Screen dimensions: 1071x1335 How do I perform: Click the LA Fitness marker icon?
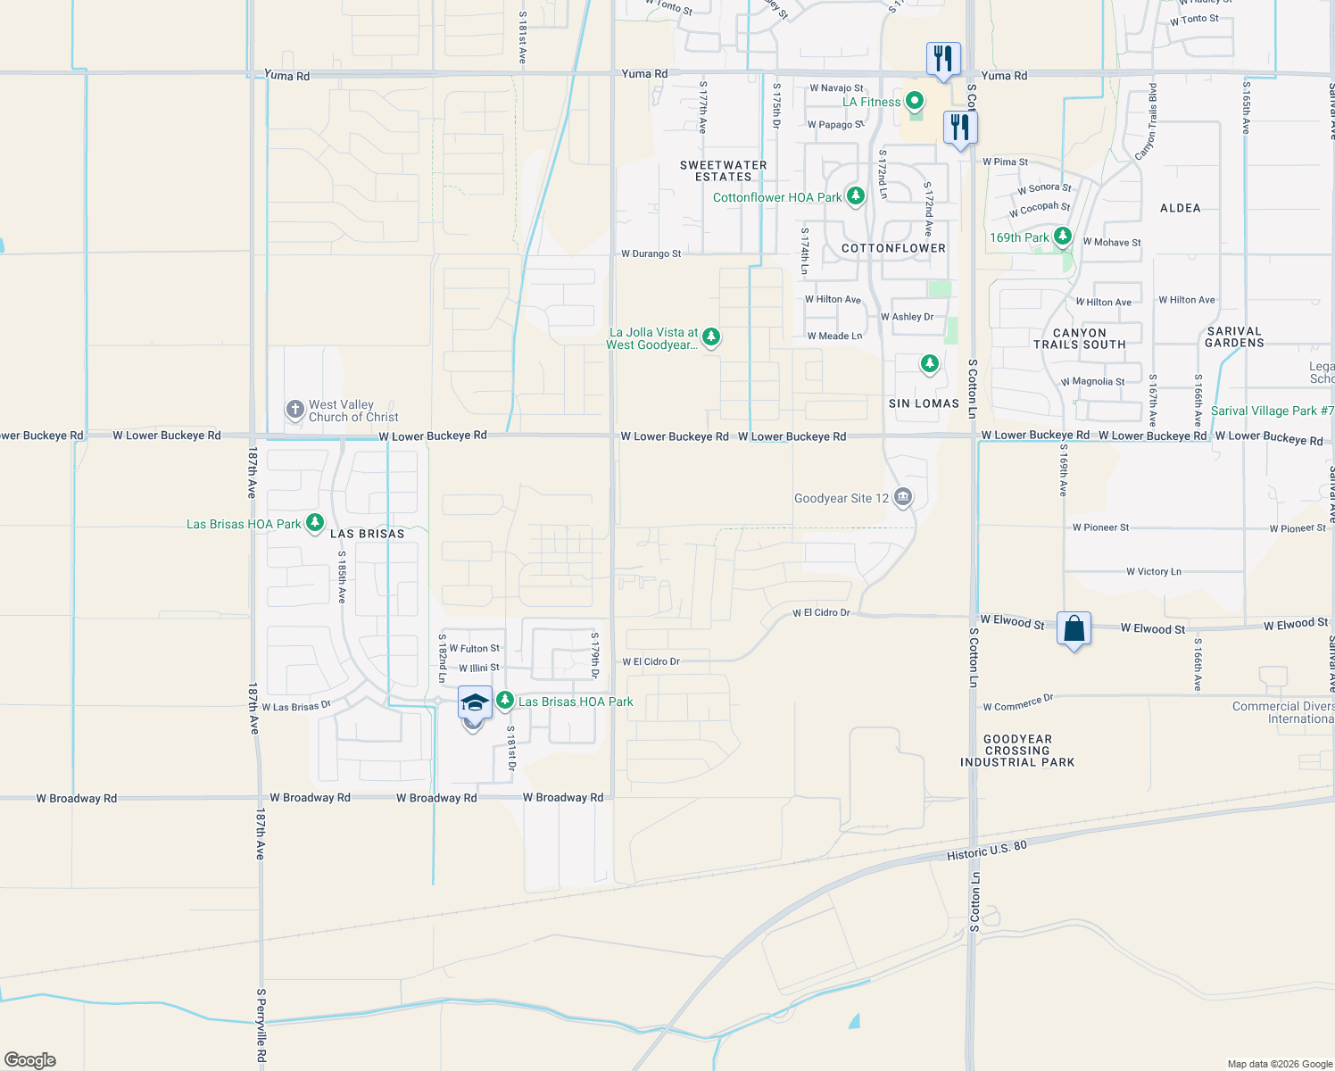[x=913, y=101]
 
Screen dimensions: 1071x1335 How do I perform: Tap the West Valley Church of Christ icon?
[x=294, y=410]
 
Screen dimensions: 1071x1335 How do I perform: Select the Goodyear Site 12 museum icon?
[x=902, y=497]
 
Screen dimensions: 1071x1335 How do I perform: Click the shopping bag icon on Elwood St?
[x=1074, y=628]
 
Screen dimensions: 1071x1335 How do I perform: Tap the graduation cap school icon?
[x=475, y=702]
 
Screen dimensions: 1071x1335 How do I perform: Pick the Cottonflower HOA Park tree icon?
[x=855, y=195]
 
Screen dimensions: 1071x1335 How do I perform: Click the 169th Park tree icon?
[x=1062, y=237]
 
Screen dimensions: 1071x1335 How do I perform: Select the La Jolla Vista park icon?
[x=710, y=336]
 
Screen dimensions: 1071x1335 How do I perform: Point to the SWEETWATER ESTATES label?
[x=723, y=170]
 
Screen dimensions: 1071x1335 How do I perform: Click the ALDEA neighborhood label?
[x=1180, y=208]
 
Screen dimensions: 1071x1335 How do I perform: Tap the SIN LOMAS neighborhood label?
[x=924, y=403]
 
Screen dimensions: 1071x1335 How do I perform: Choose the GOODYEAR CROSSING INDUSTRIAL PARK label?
[x=1017, y=751]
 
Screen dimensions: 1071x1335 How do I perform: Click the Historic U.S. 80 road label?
[x=986, y=850]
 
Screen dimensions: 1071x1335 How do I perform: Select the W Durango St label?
[x=651, y=253]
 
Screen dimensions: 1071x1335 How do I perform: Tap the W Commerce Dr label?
[x=1017, y=703]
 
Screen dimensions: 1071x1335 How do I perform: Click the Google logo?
[x=29, y=1059]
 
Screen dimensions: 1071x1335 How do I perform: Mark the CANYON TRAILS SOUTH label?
[x=1079, y=338]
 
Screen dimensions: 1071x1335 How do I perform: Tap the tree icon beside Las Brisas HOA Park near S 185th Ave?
[x=314, y=523]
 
